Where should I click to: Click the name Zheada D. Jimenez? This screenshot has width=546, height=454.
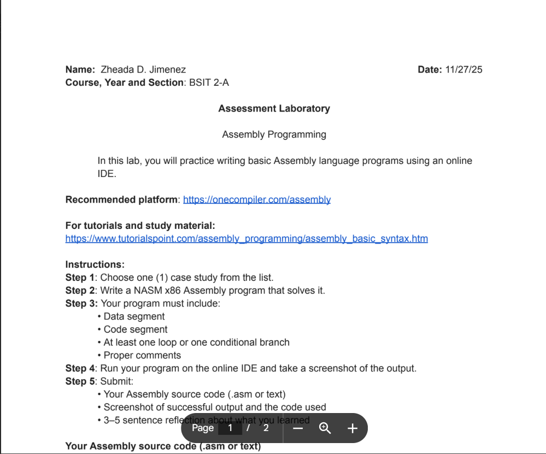143,69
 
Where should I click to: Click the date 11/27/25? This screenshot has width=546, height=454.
463,69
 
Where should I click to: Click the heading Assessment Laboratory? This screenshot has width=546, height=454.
274,108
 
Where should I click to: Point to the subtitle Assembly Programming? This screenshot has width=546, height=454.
274,134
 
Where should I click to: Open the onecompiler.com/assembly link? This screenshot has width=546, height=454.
256,199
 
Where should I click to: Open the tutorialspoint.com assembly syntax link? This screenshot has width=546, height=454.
246,238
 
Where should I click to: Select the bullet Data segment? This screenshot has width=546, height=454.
134,316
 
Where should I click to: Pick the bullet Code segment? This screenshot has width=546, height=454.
136,329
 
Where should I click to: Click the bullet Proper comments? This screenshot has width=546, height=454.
142,355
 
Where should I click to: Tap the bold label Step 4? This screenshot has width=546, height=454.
80,368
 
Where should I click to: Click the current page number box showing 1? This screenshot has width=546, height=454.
230,428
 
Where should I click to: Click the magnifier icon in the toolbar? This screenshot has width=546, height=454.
325,428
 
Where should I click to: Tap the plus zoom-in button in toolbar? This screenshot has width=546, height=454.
353,428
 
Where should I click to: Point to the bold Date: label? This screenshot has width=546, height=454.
430,69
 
